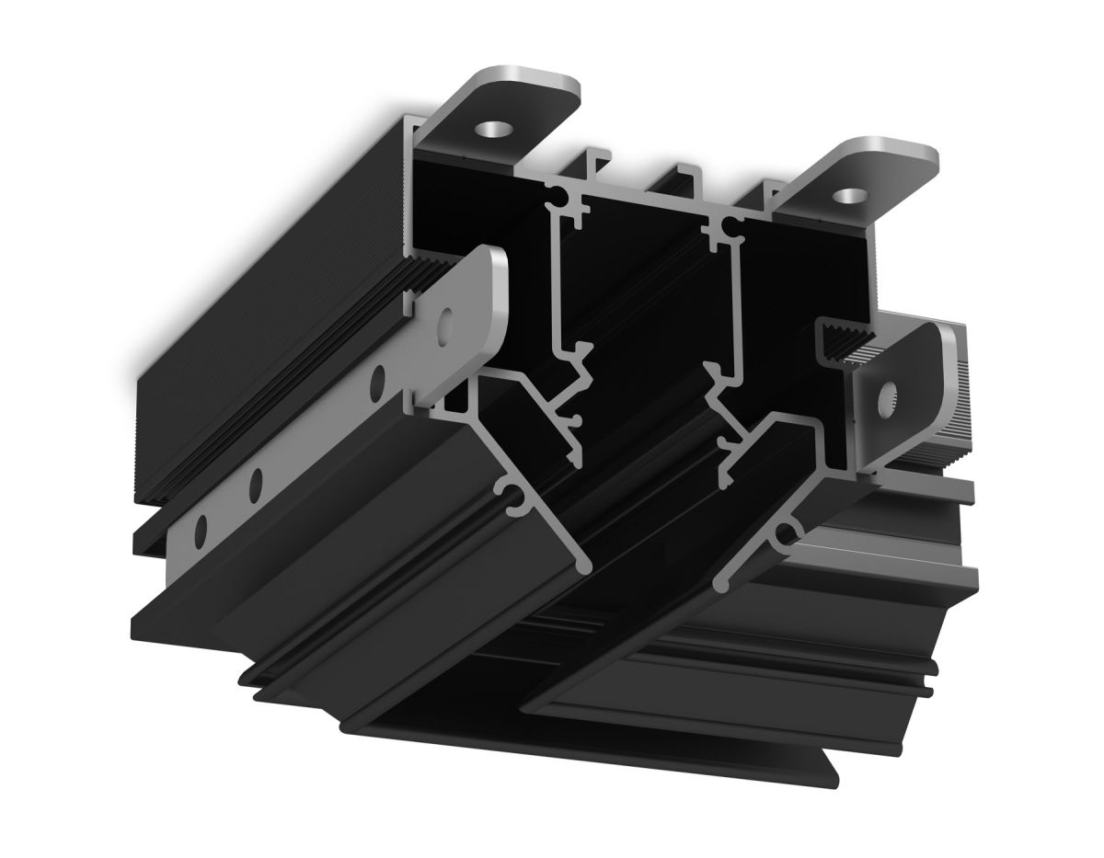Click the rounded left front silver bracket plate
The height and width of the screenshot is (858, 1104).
[x=460, y=322]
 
